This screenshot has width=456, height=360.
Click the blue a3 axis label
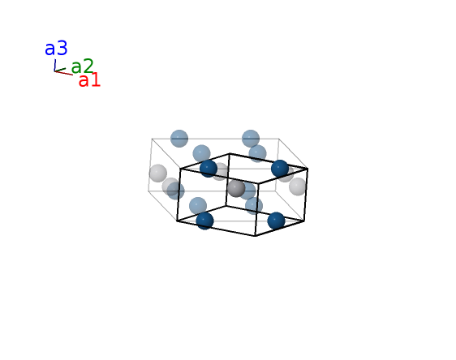(x=56, y=49)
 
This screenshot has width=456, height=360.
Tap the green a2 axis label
(x=82, y=66)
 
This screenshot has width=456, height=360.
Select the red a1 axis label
(x=89, y=80)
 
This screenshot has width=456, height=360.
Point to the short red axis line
(x=63, y=73)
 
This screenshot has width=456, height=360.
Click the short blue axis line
(x=54, y=65)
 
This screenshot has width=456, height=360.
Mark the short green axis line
(x=60, y=70)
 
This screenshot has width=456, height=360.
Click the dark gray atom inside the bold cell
(x=236, y=188)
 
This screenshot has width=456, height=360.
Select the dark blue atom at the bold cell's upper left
(x=209, y=169)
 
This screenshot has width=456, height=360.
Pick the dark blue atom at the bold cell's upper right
(x=280, y=169)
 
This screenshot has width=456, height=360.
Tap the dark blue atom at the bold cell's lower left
(x=204, y=221)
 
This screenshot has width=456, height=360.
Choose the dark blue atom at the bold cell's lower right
(x=276, y=221)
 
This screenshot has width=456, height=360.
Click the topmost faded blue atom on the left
(x=179, y=139)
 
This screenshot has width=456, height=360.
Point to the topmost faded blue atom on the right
(x=251, y=139)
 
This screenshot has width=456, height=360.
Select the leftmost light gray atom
(x=158, y=174)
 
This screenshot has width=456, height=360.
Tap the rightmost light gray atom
(x=298, y=186)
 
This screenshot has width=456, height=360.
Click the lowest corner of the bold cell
(x=255, y=236)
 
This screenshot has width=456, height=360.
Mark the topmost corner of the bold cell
(x=230, y=153)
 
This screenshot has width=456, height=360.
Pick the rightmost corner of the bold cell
(x=308, y=169)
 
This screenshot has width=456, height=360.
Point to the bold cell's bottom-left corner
(x=177, y=221)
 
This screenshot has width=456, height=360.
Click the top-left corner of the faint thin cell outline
(x=152, y=139)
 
